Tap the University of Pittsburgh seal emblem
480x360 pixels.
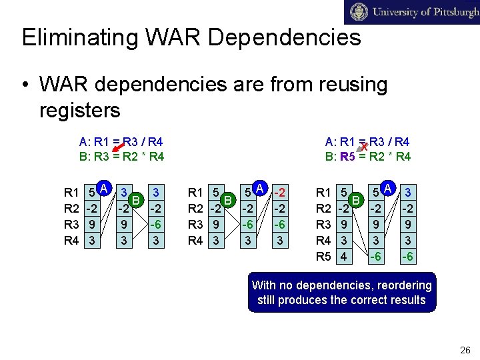(x=359, y=12)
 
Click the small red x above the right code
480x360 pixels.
(x=365, y=145)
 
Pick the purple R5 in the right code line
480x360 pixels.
(x=347, y=157)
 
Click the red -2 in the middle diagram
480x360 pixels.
(x=283, y=193)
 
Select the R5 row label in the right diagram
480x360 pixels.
(x=324, y=256)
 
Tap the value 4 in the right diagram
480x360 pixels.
(x=343, y=256)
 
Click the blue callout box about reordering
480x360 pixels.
(x=341, y=292)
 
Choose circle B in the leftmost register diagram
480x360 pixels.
(x=135, y=199)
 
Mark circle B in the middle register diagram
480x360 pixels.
(x=228, y=199)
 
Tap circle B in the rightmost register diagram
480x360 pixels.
(x=356, y=199)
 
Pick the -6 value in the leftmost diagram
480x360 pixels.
(x=155, y=225)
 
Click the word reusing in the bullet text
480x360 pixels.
(x=347, y=85)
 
